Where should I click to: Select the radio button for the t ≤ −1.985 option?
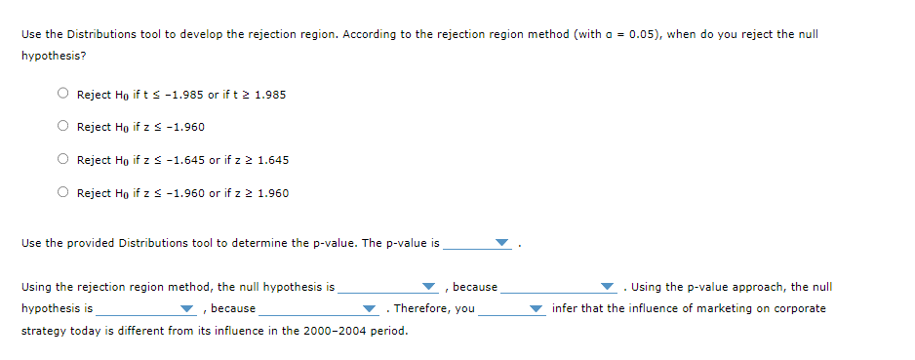[62, 95]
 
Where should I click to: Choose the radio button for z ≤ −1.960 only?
[62, 127]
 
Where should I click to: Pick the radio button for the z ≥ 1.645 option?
[62, 159]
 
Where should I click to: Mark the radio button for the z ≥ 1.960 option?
[62, 192]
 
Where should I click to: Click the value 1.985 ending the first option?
[270, 95]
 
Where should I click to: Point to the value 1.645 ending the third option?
[273, 160]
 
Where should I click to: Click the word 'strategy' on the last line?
[42, 330]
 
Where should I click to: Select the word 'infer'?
[564, 308]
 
